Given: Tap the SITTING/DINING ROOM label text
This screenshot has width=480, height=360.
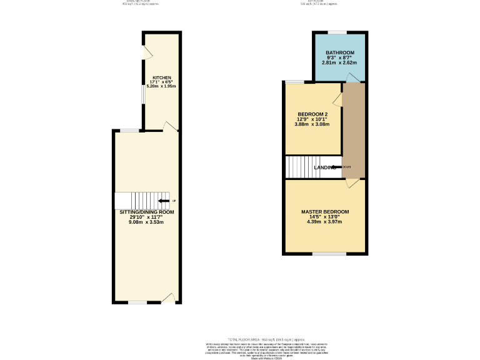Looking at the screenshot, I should [x=147, y=212].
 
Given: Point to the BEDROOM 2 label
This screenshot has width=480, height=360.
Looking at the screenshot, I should [x=312, y=114].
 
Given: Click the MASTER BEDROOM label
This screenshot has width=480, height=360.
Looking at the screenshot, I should [x=324, y=212].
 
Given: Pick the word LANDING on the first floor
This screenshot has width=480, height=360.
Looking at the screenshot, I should [x=326, y=167].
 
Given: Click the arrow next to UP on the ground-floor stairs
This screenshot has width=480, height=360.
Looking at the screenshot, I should [x=164, y=201].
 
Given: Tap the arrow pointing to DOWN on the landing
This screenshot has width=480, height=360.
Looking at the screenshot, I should [x=334, y=167].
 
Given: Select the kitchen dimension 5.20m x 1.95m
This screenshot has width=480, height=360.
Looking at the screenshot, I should [x=161, y=86].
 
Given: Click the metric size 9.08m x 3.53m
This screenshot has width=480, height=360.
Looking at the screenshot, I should [x=147, y=222].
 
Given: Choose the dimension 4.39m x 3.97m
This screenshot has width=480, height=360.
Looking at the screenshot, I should [x=324, y=222].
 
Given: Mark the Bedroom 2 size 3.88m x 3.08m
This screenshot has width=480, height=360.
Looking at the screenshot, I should [x=312, y=124].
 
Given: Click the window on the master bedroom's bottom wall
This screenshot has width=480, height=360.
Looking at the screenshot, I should [x=329, y=254].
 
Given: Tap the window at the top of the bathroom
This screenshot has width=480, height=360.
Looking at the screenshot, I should [x=337, y=32].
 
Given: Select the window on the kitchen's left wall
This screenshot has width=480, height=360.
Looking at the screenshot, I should [x=143, y=96].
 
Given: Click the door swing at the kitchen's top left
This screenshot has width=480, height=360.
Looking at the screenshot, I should [x=147, y=53].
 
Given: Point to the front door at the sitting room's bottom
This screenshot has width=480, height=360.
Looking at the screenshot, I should [x=167, y=298].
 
